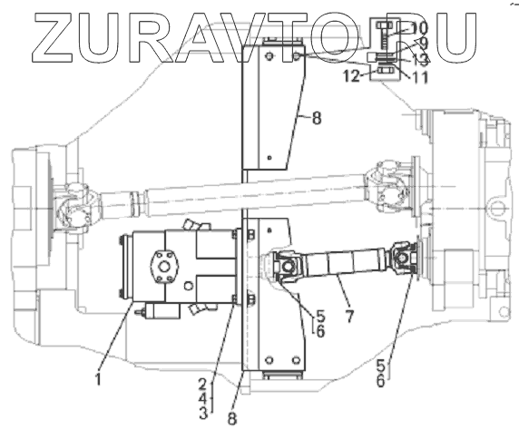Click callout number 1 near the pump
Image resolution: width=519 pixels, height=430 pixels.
click(x=98, y=378)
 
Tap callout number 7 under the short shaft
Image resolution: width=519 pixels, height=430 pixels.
click(x=349, y=317)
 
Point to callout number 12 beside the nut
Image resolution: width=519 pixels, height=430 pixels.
click(x=351, y=76)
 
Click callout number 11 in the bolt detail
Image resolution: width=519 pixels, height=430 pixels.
click(x=419, y=78)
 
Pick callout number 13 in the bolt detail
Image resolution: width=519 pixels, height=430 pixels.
click(x=420, y=60)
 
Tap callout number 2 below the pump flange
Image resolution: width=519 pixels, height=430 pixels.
click(x=203, y=384)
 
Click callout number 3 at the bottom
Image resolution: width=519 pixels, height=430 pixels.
click(x=203, y=413)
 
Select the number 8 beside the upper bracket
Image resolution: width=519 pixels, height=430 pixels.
click(x=317, y=118)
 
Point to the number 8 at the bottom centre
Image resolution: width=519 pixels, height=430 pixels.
click(x=232, y=419)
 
